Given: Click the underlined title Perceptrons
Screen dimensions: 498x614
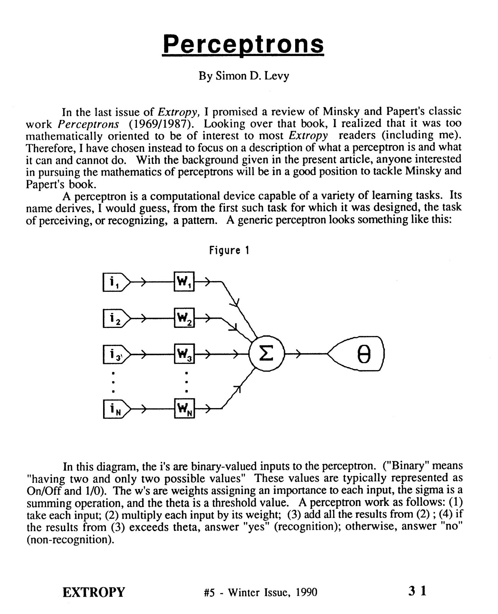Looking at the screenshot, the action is (x=243, y=45).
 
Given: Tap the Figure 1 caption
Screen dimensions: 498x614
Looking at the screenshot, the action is (x=229, y=250).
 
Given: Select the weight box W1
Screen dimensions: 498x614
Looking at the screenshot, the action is (x=184, y=281).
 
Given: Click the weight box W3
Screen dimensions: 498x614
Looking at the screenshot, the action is (x=184, y=354).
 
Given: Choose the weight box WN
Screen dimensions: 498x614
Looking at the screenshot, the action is (x=184, y=408).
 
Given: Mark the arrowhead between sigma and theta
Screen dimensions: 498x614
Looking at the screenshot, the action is (x=298, y=354).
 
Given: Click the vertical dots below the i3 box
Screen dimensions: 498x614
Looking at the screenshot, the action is (x=113, y=382).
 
